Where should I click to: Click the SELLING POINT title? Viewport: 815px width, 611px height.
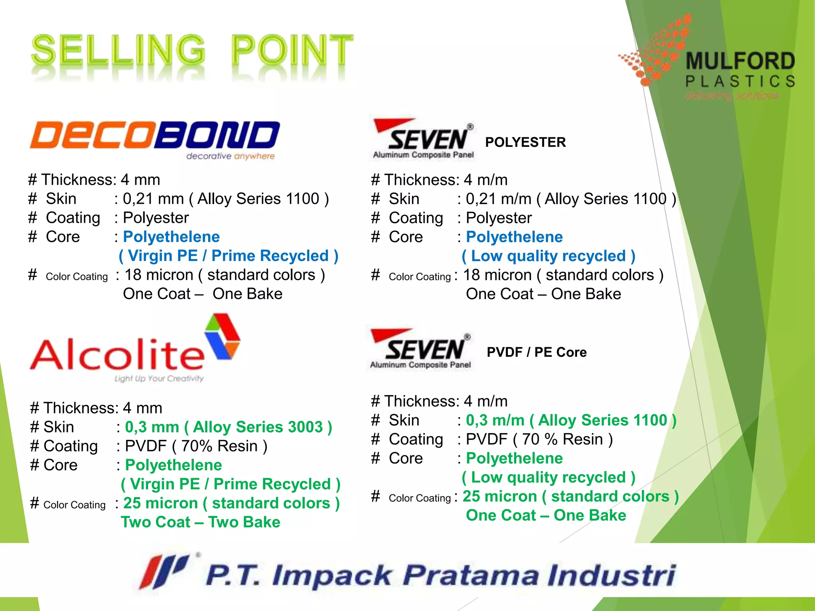pyautogui.click(x=192, y=51)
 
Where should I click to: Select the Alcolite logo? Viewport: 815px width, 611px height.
pyautogui.click(x=135, y=350)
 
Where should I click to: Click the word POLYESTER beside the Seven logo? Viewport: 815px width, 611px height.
pyautogui.click(x=525, y=142)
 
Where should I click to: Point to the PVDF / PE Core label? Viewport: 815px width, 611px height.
pyautogui.click(x=536, y=352)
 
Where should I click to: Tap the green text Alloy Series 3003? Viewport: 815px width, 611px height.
pyautogui.click(x=257, y=427)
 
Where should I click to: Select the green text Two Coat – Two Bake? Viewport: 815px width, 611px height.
pyautogui.click(x=201, y=522)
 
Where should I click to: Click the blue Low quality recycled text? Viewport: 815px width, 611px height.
pyautogui.click(x=548, y=256)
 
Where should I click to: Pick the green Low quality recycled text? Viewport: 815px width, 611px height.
pyautogui.click(x=548, y=478)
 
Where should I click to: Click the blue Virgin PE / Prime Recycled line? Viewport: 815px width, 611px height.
pyautogui.click(x=228, y=256)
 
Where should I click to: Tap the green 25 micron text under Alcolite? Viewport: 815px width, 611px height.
pyautogui.click(x=231, y=504)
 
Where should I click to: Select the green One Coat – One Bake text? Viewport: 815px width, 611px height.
pyautogui.click(x=546, y=516)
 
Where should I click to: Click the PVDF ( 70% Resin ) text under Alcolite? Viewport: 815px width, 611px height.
pyautogui.click(x=196, y=446)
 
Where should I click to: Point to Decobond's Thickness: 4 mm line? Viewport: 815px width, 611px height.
pyautogui.click(x=94, y=180)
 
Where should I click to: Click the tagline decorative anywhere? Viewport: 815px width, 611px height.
pyautogui.click(x=230, y=156)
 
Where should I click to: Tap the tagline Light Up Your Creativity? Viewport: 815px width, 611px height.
pyautogui.click(x=159, y=378)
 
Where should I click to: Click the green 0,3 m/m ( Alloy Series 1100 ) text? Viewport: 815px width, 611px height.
pyautogui.click(x=571, y=420)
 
